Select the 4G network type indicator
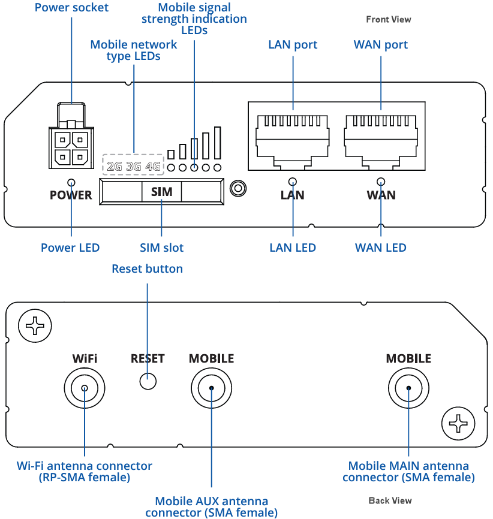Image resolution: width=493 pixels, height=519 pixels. [x=153, y=166]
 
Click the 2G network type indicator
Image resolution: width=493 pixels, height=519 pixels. [x=114, y=166]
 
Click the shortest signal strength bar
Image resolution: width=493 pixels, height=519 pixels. [x=171, y=154]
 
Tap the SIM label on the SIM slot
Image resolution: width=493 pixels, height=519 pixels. [x=161, y=192]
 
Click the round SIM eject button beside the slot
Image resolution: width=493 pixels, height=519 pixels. [x=238, y=188]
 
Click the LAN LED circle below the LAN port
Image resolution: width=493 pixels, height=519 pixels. [x=293, y=182]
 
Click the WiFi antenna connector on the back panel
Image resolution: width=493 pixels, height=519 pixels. [x=85, y=388]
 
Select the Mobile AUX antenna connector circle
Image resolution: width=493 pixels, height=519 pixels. [x=212, y=388]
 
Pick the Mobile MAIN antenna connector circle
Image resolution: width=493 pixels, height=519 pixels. [x=408, y=388]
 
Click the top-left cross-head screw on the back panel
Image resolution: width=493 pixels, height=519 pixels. [x=35, y=326]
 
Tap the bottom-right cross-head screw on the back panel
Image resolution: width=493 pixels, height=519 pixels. [x=458, y=424]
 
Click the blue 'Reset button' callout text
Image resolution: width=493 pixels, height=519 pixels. [x=147, y=268]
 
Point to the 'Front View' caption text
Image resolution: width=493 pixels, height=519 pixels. [x=389, y=20]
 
